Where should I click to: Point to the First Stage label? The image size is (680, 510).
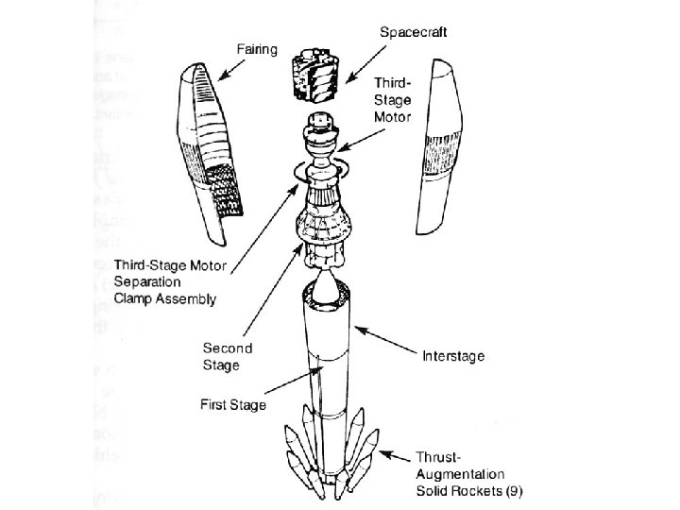pos(233,405)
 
